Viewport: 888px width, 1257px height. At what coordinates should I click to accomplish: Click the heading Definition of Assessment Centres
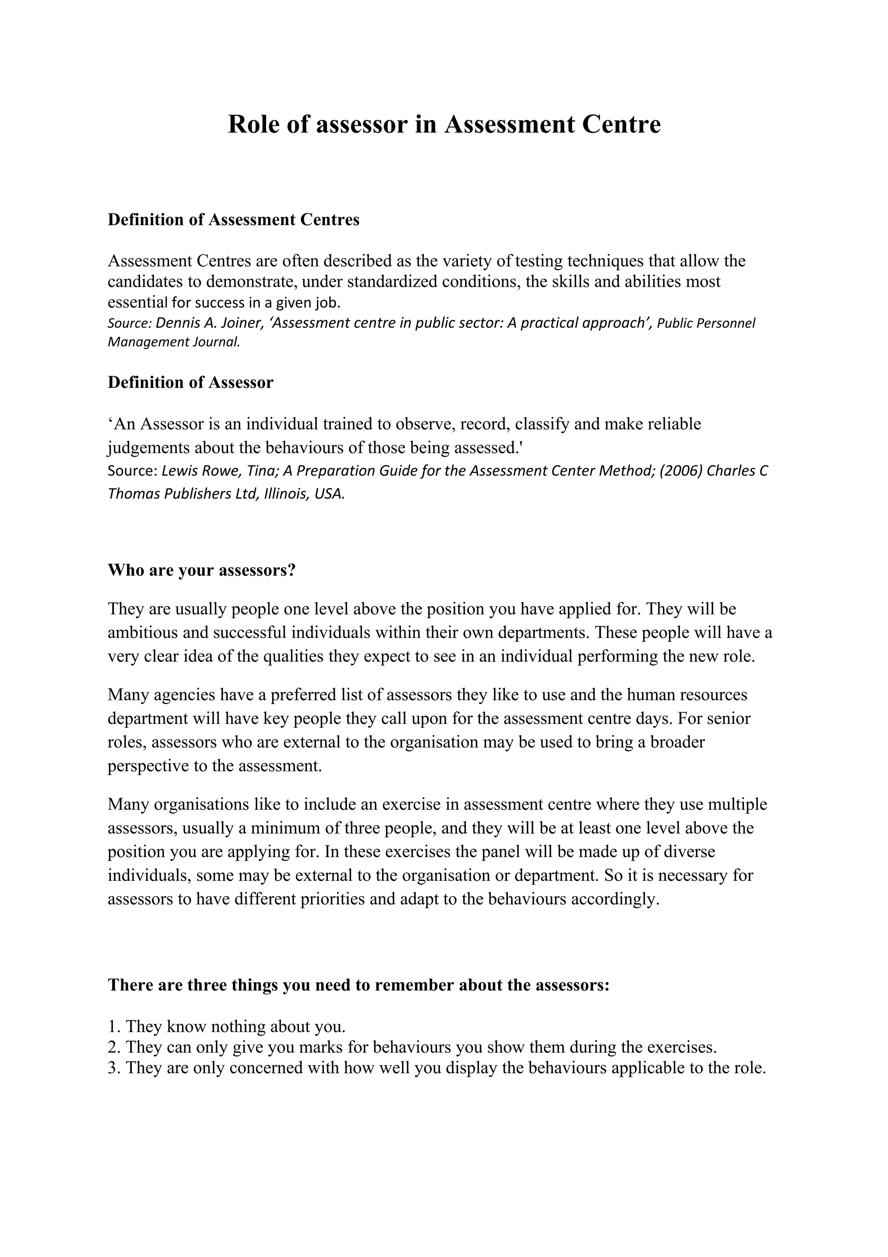tap(234, 220)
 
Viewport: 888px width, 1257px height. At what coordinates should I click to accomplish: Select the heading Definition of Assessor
tap(190, 383)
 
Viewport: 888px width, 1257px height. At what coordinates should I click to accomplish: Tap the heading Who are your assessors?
tap(202, 570)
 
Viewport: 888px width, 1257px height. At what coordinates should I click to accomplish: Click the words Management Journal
tap(173, 343)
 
